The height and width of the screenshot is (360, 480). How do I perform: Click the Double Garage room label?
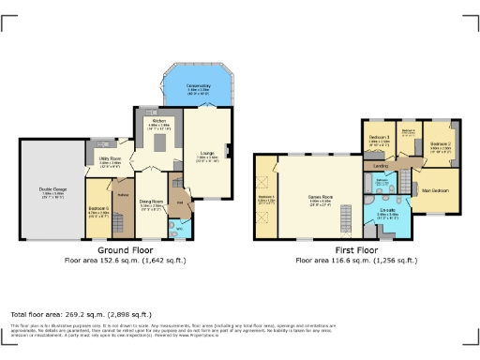click(52, 191)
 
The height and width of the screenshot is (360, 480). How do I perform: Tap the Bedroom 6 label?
click(98, 210)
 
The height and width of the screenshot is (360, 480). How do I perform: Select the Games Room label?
click(321, 197)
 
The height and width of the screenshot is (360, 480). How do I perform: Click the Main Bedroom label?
click(434, 190)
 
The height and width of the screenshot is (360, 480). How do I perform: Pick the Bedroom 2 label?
click(442, 145)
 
